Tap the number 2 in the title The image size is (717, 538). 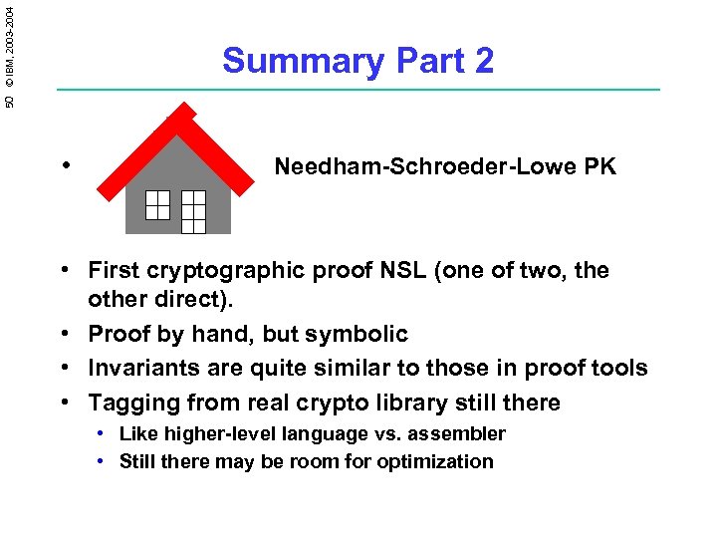[483, 62]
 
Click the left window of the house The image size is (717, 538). [157, 204]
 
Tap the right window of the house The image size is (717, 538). [193, 211]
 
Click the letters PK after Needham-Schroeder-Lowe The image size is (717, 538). [601, 166]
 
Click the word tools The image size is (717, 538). [617, 368]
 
